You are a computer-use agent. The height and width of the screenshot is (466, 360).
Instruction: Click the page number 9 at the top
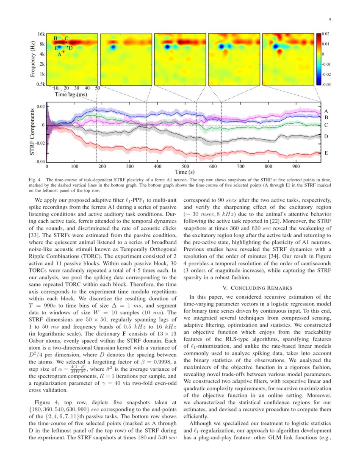coord(330,19)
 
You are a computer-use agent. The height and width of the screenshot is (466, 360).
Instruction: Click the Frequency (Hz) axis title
coord(33,59)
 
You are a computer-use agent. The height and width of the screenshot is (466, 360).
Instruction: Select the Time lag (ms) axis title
coord(70,94)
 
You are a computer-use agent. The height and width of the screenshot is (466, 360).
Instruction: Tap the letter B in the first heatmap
coord(55,39)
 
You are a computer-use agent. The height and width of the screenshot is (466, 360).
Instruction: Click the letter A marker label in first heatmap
coord(60,54)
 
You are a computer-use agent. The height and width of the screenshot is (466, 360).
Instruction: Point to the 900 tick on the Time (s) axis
coord(296,167)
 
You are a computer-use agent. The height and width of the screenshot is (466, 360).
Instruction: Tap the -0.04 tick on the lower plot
coord(40,162)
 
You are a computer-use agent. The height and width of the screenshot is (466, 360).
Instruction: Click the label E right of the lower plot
coord(326,153)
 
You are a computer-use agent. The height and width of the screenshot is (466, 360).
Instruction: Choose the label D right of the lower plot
coord(326,137)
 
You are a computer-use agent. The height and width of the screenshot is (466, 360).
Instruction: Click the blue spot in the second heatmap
coord(113,47)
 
